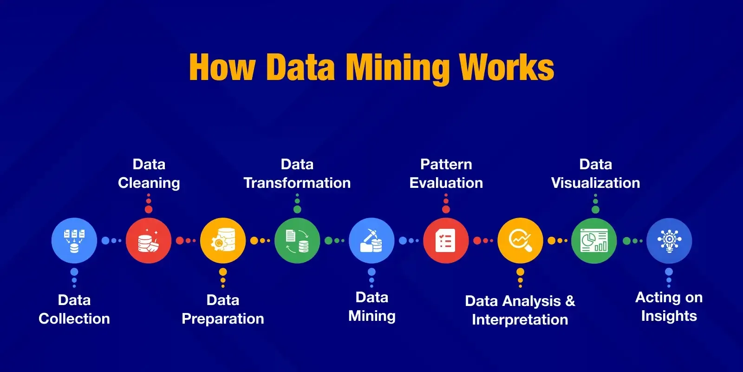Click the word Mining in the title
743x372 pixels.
[398, 68]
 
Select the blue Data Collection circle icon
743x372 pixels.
[74, 240]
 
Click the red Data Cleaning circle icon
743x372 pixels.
[149, 240]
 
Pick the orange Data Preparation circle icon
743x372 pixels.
[223, 240]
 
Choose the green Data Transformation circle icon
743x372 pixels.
[297, 240]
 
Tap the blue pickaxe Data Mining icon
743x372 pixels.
[371, 240]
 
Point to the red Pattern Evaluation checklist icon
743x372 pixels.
[446, 240]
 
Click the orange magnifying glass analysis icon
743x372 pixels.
[520, 240]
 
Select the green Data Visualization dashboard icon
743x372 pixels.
[594, 240]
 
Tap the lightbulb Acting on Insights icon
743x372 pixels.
[669, 240]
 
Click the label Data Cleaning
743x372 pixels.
[149, 174]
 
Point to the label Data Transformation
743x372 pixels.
[297, 173]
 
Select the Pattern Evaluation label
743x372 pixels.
[446, 173]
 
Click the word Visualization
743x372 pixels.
[596, 183]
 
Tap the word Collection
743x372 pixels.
[74, 319]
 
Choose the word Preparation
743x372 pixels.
[223, 319]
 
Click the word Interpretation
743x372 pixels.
[520, 320]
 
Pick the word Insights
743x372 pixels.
[669, 316]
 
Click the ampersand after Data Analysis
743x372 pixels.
[570, 301]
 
